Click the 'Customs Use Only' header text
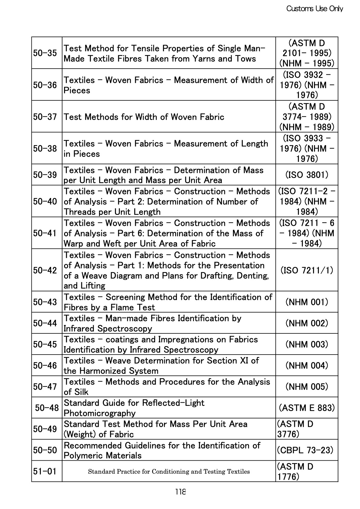315,9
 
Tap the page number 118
180,492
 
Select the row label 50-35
45,53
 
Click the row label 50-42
45,270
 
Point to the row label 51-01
45,471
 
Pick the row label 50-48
47,408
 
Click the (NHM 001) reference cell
307,302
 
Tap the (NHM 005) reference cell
307,387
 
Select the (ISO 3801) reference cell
307,175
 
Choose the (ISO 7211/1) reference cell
307,270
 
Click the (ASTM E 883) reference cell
307,408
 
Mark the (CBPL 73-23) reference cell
305,450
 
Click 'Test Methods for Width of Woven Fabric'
144,117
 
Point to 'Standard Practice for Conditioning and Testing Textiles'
169,472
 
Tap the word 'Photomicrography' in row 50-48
100,413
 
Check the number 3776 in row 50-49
288,434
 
